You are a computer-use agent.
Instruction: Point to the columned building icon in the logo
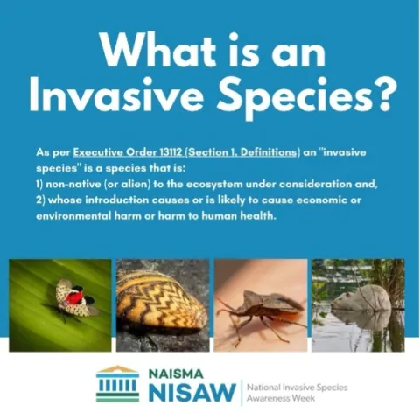pyautogui.click(x=116, y=383)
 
